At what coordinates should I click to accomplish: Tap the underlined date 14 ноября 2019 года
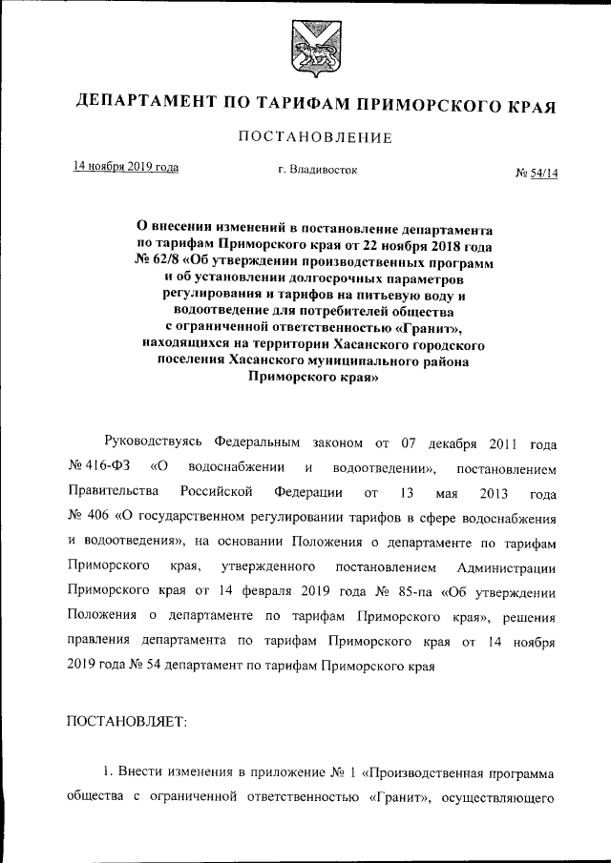pyautogui.click(x=127, y=166)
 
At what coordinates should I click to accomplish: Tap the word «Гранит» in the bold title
pyautogui.click(x=429, y=326)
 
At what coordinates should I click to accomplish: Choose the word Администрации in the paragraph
pyautogui.click(x=502, y=567)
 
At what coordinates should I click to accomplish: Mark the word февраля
pyautogui.click(x=264, y=592)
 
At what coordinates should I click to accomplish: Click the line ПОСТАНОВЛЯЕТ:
pyautogui.click(x=127, y=722)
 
